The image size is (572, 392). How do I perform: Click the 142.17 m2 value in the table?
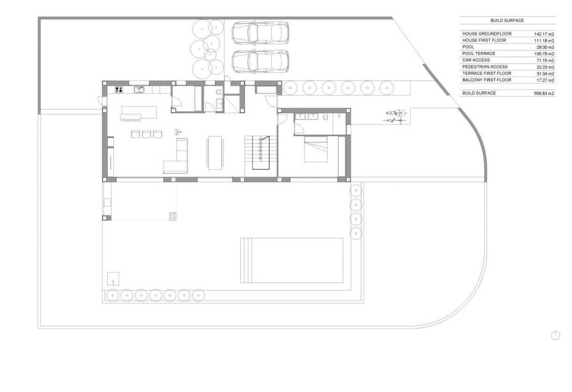[x=544, y=34]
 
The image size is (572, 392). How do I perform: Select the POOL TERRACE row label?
[x=479, y=53]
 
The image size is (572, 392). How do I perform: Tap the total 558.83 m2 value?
[x=544, y=94]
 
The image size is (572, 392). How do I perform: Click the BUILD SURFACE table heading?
[x=507, y=21]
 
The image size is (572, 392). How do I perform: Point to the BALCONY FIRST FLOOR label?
[x=487, y=80]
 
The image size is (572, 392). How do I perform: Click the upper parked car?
[x=260, y=33]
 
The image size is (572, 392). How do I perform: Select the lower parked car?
[x=260, y=62]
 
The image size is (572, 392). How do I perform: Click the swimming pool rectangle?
[x=292, y=261]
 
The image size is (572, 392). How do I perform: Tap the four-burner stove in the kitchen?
[x=119, y=89]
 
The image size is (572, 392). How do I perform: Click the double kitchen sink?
[x=139, y=89]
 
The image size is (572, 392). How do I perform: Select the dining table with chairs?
[x=215, y=153]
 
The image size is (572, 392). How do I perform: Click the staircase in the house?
[x=261, y=156]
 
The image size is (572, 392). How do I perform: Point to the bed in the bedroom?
[x=316, y=149]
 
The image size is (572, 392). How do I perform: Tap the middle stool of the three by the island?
[x=147, y=134]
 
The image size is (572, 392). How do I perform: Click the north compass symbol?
[x=556, y=335]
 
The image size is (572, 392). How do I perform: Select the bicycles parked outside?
[x=395, y=116]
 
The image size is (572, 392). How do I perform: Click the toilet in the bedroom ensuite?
[x=326, y=117]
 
